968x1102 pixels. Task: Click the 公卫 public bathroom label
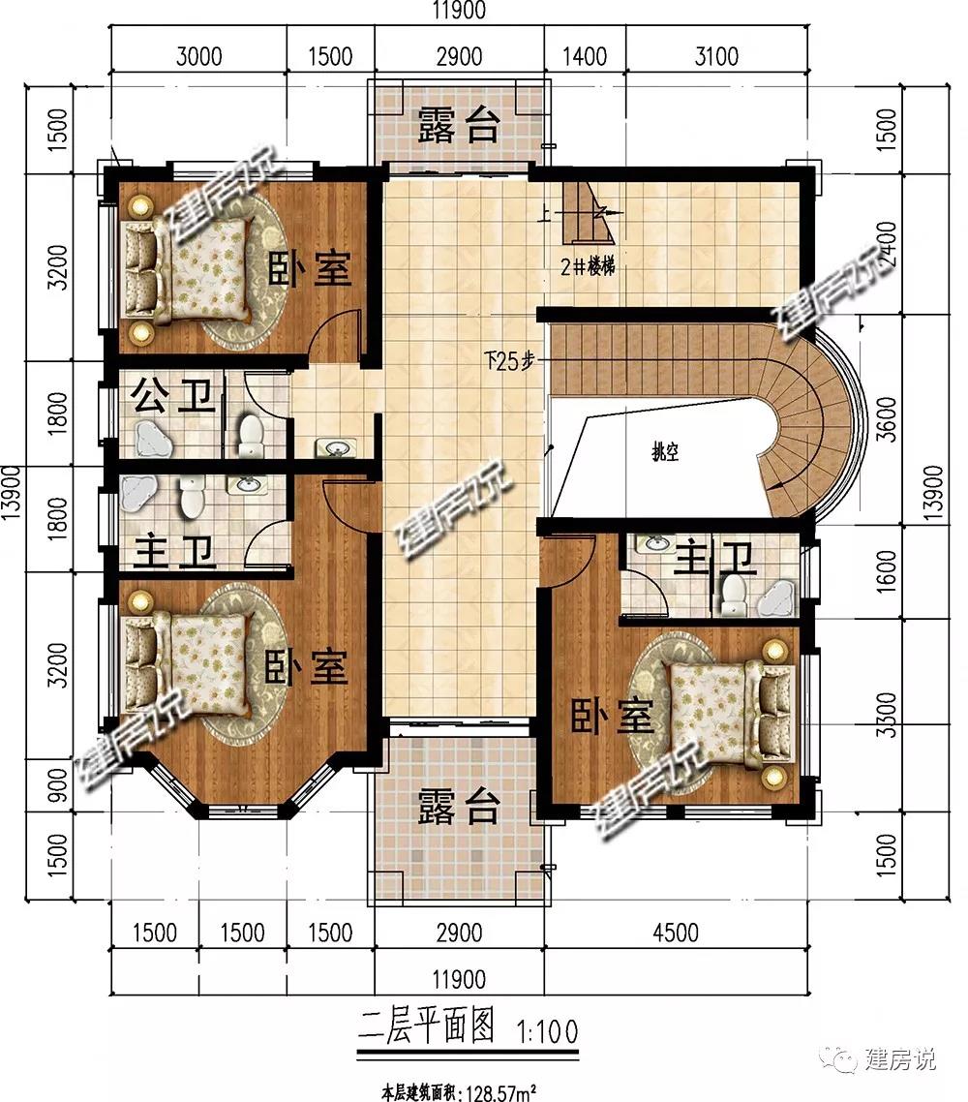click(x=173, y=396)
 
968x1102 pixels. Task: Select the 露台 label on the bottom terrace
click(x=459, y=806)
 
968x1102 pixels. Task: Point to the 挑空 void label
click(x=665, y=452)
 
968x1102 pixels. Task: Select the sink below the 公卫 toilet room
click(x=336, y=447)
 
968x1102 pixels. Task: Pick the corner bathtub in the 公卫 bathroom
click(x=152, y=439)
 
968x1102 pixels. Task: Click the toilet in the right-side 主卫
click(x=734, y=595)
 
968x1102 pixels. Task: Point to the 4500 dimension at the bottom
click(x=676, y=933)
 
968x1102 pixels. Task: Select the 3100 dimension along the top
click(x=716, y=56)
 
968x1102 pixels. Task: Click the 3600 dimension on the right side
click(x=888, y=419)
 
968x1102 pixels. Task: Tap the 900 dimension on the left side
click(x=58, y=785)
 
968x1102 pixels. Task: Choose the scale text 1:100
click(x=547, y=1031)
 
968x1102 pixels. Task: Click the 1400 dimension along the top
click(x=585, y=56)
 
